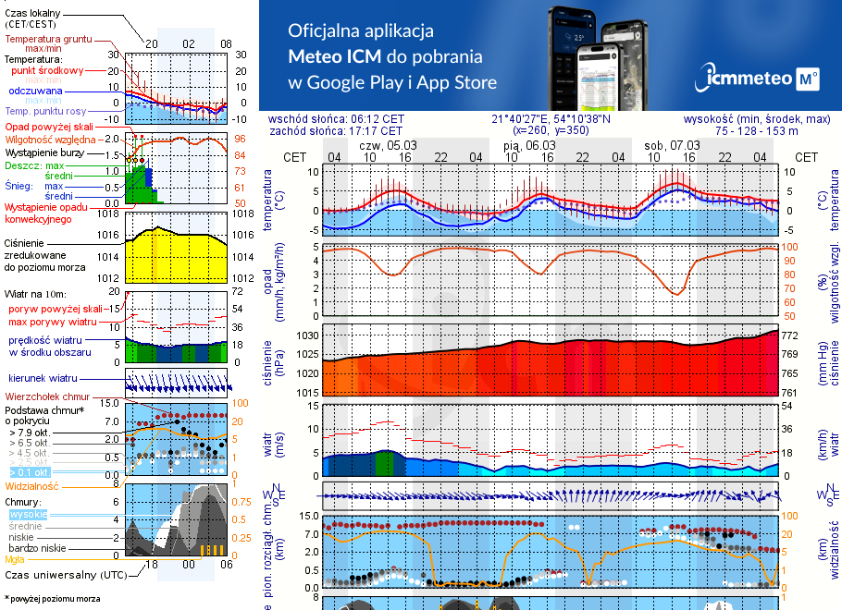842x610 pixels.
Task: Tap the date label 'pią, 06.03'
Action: click(529, 145)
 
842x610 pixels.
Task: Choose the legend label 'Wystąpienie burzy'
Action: click(43, 151)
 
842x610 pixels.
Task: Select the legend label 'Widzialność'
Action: click(32, 484)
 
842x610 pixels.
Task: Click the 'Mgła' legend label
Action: click(15, 559)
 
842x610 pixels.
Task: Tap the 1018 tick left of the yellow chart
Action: click(109, 213)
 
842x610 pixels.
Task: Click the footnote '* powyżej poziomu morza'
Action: click(52, 599)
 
